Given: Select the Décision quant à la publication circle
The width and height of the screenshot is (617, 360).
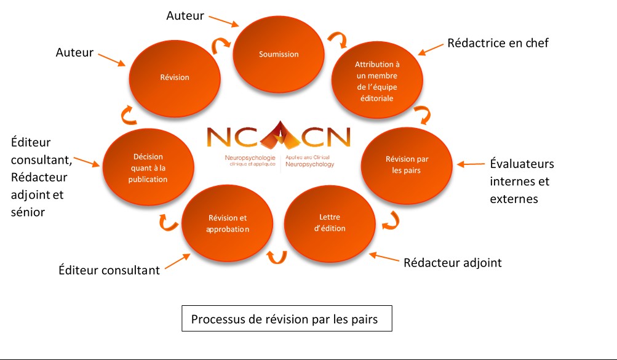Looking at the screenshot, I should pyautogui.click(x=148, y=168).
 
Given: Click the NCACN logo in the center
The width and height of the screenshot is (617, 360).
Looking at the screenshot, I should pyautogui.click(x=279, y=145).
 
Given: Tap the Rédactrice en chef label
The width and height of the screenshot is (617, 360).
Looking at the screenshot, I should pyautogui.click(x=498, y=43).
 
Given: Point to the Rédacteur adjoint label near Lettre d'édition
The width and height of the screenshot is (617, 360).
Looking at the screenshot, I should pyautogui.click(x=452, y=263).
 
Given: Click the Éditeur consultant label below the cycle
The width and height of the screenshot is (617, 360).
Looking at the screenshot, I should pyautogui.click(x=109, y=270).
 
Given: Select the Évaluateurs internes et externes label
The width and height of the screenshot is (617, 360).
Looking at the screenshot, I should pyautogui.click(x=522, y=182).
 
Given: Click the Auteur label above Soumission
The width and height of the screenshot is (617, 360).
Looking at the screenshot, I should pyautogui.click(x=185, y=15).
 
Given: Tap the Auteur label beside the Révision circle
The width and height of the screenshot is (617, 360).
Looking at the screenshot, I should pyautogui.click(x=74, y=53).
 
